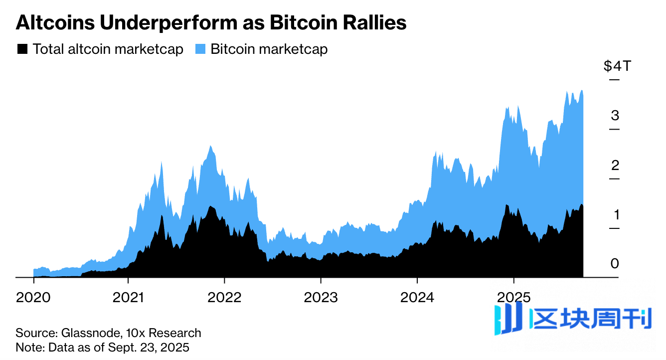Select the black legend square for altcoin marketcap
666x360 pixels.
click(x=22, y=49)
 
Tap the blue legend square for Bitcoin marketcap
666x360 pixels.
click(x=200, y=49)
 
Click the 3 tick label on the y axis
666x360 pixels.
click(x=615, y=115)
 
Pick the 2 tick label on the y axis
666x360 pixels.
click(x=615, y=165)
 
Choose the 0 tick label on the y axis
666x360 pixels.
click(x=615, y=263)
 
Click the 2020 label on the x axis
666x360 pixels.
click(x=33, y=298)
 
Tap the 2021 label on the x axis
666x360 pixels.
click(x=129, y=298)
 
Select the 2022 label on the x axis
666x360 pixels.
click(x=225, y=298)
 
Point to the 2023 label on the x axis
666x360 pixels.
click(x=321, y=298)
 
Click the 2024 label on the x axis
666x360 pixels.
click(x=417, y=298)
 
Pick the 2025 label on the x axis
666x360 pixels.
click(x=513, y=298)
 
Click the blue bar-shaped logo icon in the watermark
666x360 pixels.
click(x=507, y=319)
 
